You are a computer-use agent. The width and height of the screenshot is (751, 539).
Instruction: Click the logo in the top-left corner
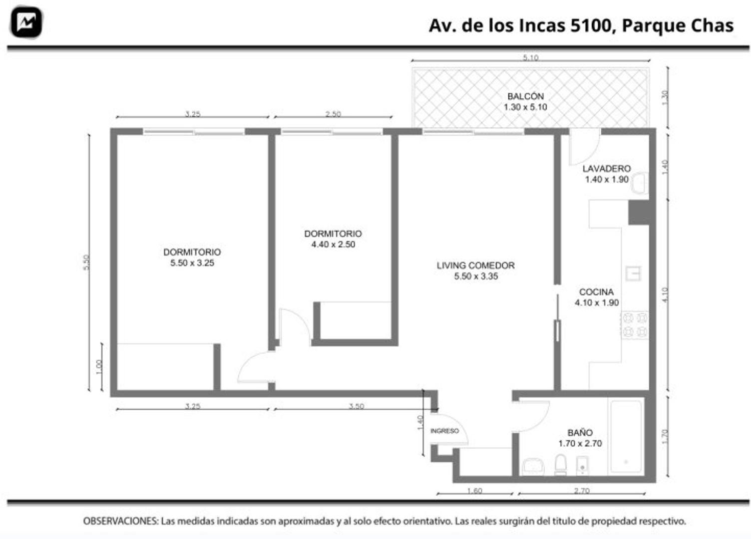click(26, 22)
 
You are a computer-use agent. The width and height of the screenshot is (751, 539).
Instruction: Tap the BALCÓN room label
click(525, 96)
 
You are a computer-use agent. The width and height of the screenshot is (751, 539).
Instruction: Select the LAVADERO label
click(606, 169)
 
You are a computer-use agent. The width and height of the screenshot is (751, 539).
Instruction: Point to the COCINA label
click(596, 292)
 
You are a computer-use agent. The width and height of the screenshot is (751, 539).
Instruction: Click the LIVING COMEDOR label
click(475, 266)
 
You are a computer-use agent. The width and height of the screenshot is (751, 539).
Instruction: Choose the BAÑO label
click(580, 433)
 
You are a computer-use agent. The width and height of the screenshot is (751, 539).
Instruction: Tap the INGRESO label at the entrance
click(444, 431)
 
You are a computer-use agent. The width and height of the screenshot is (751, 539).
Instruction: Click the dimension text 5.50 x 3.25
click(192, 263)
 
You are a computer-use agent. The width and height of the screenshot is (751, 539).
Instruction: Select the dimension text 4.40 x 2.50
click(333, 245)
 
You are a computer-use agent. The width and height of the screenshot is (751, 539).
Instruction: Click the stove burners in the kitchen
click(634, 325)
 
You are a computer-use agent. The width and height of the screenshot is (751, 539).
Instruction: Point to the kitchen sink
click(633, 273)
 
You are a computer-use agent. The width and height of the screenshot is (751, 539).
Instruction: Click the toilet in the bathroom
click(561, 465)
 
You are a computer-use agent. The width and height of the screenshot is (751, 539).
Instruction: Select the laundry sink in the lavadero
click(639, 184)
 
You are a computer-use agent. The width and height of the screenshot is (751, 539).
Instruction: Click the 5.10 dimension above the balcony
click(530, 58)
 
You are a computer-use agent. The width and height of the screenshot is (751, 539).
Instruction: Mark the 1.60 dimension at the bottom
click(474, 491)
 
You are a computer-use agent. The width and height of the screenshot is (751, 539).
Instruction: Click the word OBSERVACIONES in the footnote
click(120, 521)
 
